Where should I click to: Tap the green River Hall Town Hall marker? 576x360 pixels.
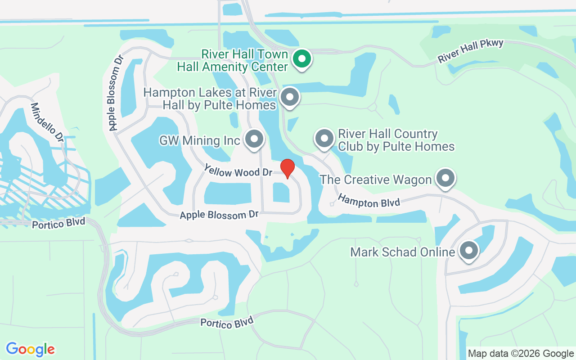tap(302, 59)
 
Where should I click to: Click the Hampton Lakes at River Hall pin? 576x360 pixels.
tap(289, 97)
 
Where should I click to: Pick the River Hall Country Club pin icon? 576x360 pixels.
tap(324, 139)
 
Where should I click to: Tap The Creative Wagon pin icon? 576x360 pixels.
tap(445, 178)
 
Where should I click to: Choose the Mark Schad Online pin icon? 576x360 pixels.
tap(468, 250)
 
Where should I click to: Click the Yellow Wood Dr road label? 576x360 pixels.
tap(238, 171)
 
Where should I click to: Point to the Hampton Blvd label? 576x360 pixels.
tap(369, 201)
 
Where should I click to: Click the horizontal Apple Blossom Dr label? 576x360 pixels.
tap(219, 215)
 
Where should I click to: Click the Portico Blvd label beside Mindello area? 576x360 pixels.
tap(58, 223)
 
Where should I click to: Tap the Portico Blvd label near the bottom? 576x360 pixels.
tap(227, 322)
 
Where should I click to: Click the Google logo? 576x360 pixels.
tap(30, 349)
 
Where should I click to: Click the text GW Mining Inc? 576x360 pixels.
tap(200, 141)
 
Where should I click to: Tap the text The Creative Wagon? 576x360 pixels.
tap(375, 180)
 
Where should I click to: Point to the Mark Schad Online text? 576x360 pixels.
tap(402, 252)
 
